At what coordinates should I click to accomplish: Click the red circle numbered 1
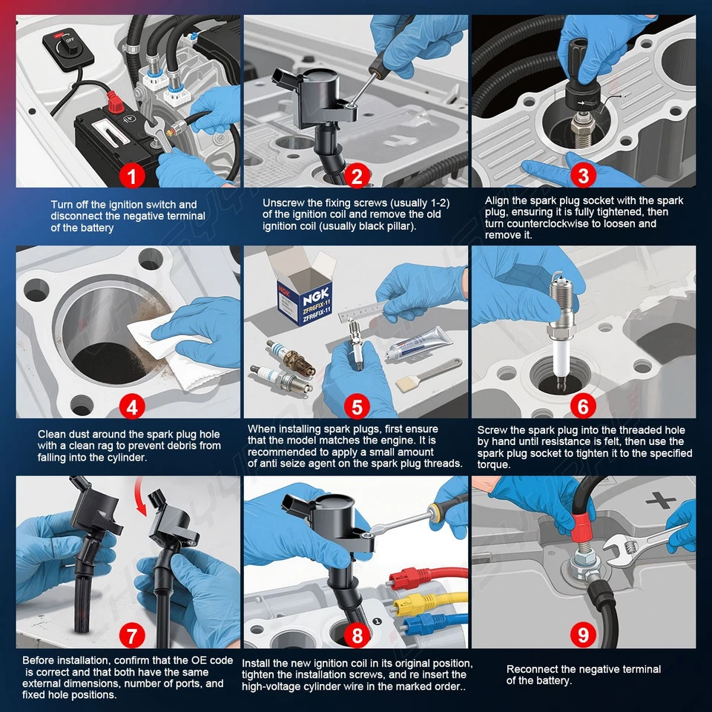point(132,175)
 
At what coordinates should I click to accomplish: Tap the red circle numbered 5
point(357,407)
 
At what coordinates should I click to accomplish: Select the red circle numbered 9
point(583,636)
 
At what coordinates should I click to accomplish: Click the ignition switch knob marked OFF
point(65,45)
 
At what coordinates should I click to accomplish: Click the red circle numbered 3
point(583,175)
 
